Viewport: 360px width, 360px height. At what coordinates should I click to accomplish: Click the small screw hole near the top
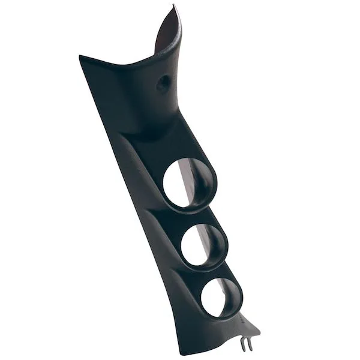coord(163,84)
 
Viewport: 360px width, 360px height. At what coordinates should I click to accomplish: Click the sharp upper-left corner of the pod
coord(80,57)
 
